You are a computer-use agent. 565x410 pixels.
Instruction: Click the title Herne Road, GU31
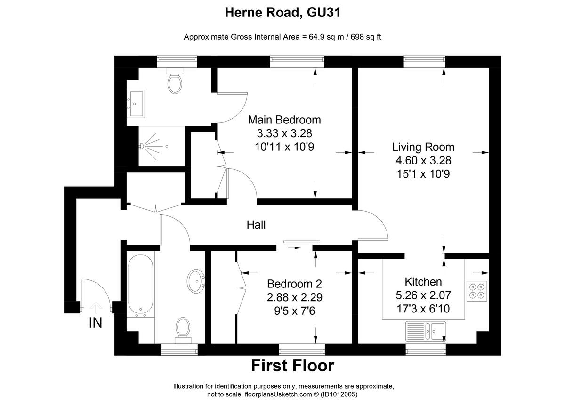point(282,13)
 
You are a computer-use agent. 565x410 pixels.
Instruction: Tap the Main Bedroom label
point(284,120)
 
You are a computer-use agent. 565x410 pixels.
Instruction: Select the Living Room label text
point(423,147)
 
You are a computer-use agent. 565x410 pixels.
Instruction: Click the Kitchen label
point(423,282)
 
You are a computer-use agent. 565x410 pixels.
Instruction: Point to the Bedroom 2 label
point(294,284)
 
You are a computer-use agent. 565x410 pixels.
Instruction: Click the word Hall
point(256,225)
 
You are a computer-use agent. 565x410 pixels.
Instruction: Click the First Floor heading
point(292,365)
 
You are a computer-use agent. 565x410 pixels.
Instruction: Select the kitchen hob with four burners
point(476,291)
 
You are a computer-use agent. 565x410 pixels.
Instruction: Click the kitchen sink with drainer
point(426,330)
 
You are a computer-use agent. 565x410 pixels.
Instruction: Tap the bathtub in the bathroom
point(140,284)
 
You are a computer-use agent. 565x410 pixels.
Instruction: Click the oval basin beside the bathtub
point(195,281)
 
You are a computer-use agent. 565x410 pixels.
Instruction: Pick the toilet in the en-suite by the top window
point(175,82)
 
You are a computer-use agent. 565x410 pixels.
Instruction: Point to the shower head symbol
point(144,146)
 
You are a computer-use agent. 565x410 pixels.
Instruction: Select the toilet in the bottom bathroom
point(183,328)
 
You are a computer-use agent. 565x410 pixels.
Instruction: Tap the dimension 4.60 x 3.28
point(423,160)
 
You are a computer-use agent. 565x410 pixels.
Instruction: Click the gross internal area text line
point(282,37)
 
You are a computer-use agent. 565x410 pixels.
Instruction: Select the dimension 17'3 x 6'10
point(423,309)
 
